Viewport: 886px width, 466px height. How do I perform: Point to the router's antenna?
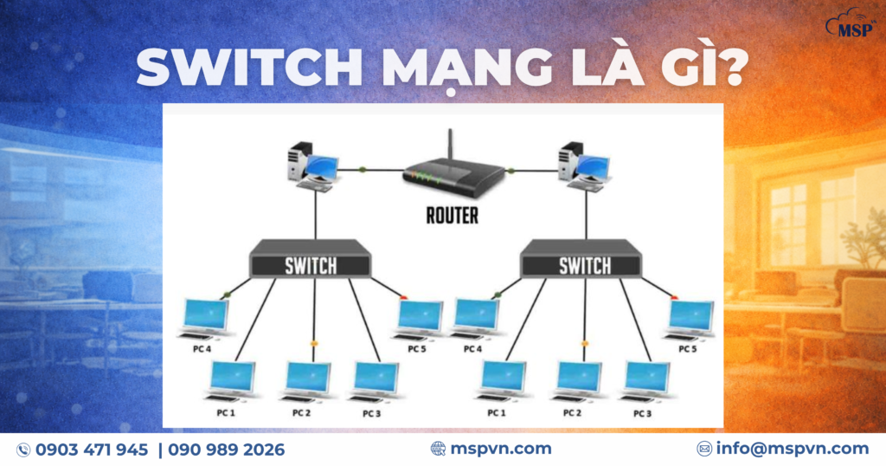(x=451, y=145)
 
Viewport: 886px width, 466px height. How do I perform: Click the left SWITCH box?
(x=311, y=264)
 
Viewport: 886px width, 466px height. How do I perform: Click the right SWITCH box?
(x=582, y=263)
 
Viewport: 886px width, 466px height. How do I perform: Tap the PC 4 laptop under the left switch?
(x=205, y=318)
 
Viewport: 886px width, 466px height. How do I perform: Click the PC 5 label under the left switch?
(x=417, y=349)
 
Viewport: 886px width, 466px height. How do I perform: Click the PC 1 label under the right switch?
(x=496, y=413)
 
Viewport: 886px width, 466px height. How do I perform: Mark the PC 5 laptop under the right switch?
(x=690, y=320)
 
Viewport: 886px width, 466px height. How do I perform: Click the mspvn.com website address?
(x=502, y=448)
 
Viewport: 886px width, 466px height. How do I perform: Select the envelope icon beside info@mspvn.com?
(x=704, y=449)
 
